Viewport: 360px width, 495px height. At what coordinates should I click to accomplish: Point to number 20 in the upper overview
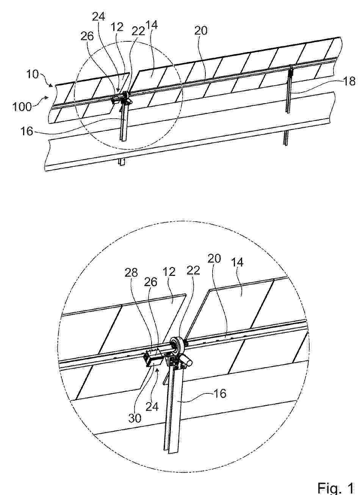(x=201, y=31)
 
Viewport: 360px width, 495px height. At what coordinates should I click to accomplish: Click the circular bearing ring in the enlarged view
(x=177, y=345)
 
